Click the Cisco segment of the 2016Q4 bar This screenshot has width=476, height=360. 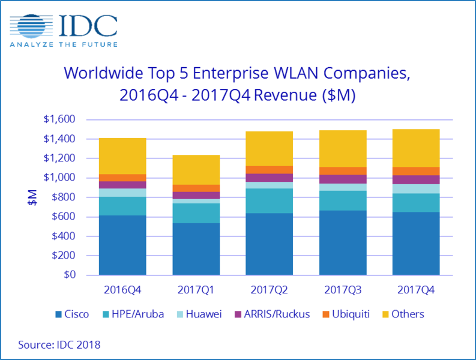click(122, 245)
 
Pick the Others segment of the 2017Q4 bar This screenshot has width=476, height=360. click(416, 148)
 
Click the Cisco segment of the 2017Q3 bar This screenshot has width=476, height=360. click(343, 242)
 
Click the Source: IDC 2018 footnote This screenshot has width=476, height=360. click(59, 344)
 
